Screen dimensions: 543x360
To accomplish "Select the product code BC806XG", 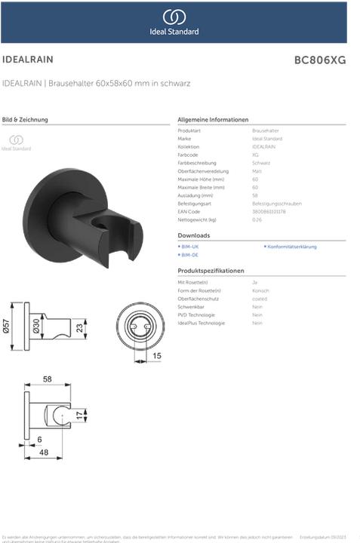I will pyautogui.click(x=319, y=60).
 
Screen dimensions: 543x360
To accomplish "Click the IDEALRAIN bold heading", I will pyautogui.click(x=28, y=58).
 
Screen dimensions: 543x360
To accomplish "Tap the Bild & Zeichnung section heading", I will pyautogui.click(x=26, y=120).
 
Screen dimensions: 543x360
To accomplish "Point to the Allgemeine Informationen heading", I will pyautogui.click(x=213, y=120).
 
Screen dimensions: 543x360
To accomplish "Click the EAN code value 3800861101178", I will pyautogui.click(x=269, y=211).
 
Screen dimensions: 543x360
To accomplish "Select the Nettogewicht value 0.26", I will pyautogui.click(x=257, y=219).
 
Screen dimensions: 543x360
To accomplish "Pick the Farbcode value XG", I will pyautogui.click(x=255, y=155).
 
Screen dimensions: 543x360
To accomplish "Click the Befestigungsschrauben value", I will pyautogui.click(x=277, y=204).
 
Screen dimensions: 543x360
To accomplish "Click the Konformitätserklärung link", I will pyautogui.click(x=292, y=247).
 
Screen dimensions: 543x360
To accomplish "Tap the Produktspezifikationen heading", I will pyautogui.click(x=211, y=270).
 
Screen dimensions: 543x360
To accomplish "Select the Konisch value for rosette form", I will pyautogui.click(x=260, y=290).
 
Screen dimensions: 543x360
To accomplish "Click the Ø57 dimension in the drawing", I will pyautogui.click(x=7, y=324).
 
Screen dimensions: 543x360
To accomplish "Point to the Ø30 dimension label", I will pyautogui.click(x=35, y=325).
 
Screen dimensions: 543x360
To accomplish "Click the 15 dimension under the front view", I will pyautogui.click(x=157, y=355).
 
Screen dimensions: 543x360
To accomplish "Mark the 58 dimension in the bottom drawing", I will pyautogui.click(x=47, y=379).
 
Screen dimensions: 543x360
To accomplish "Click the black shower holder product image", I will pyautogui.click(x=83, y=215).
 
